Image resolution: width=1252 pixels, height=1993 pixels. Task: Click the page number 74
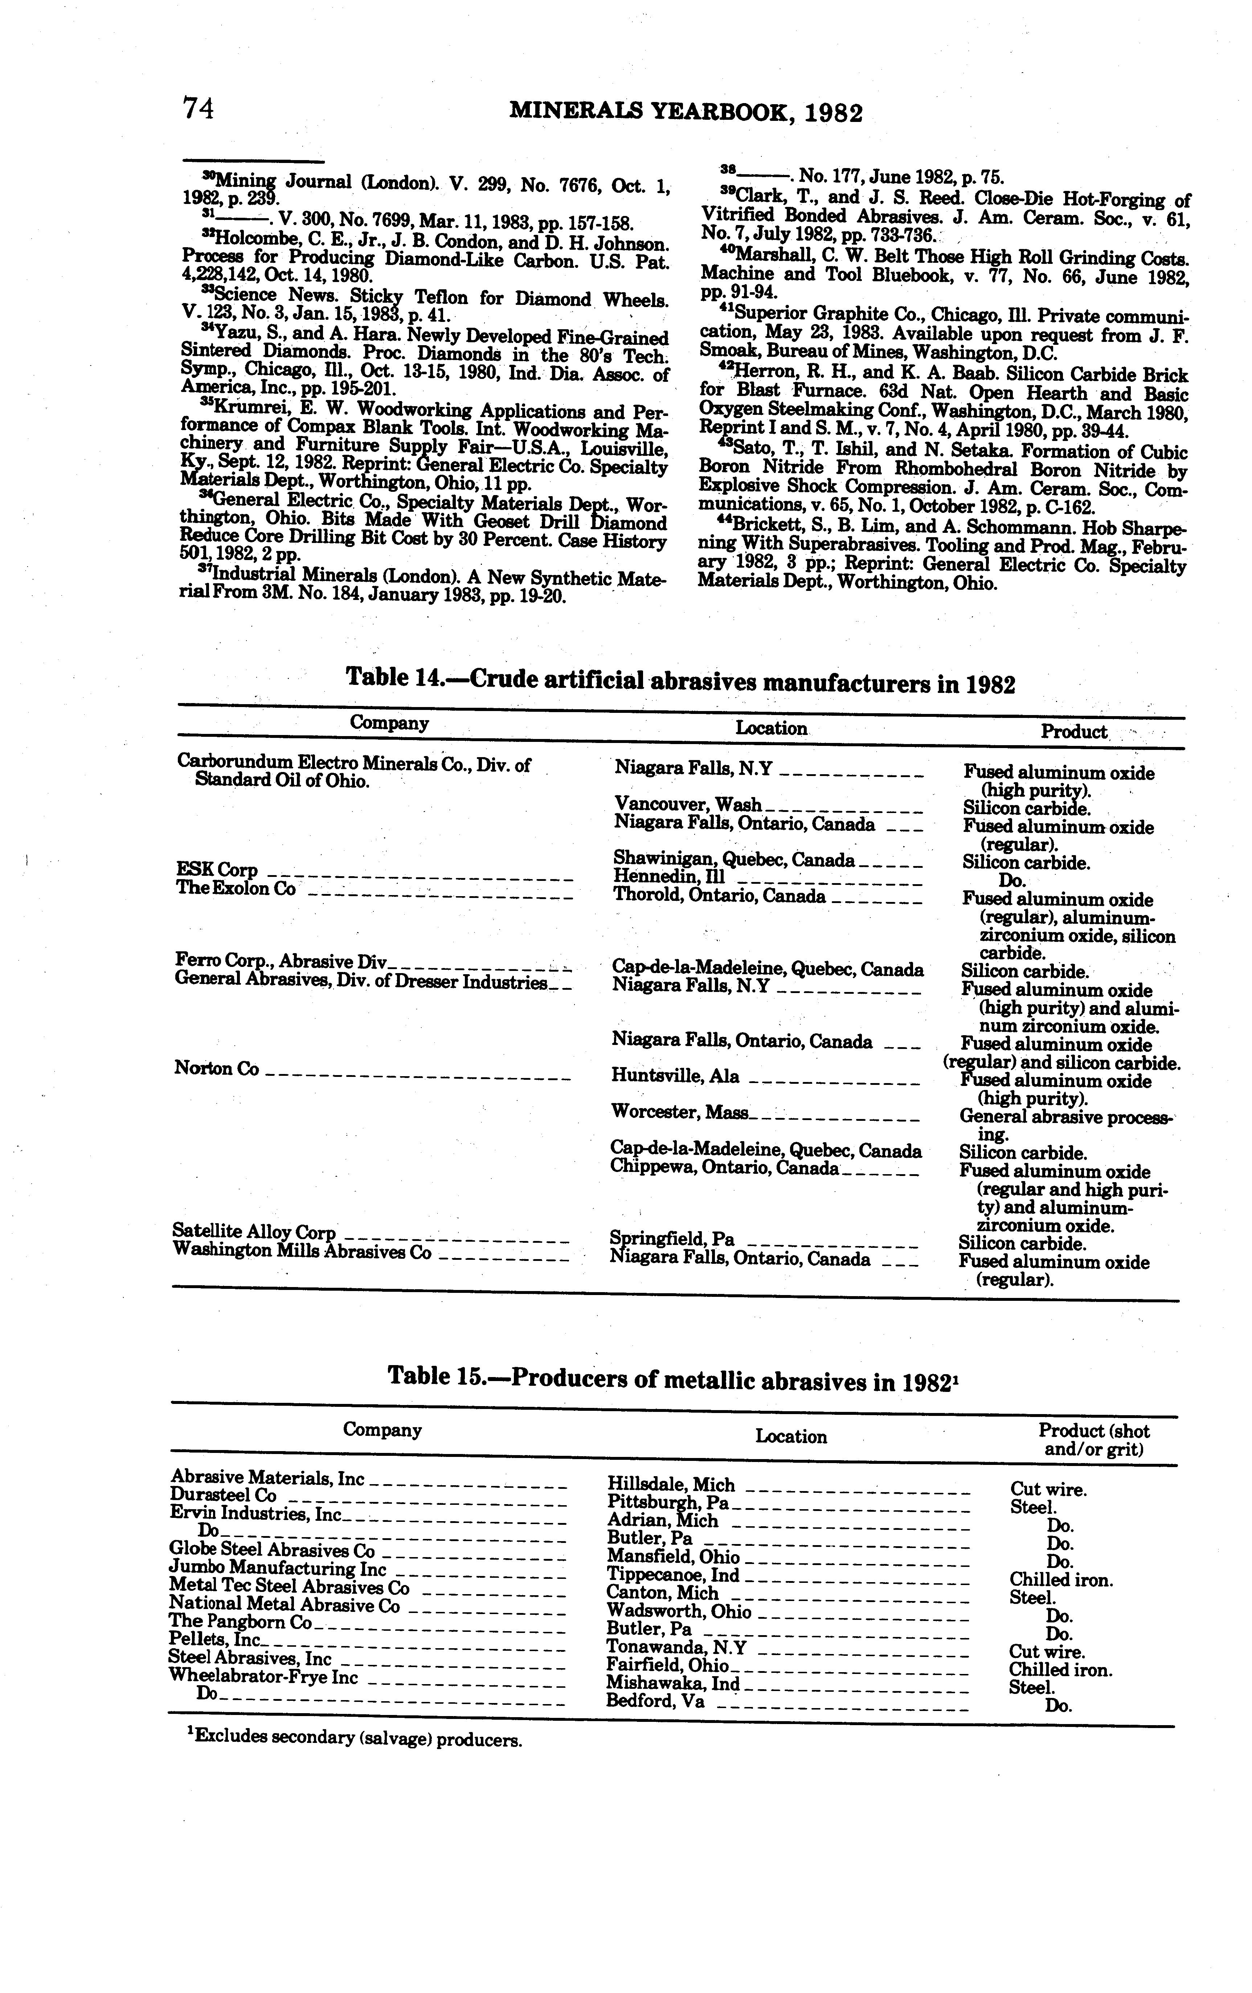[199, 109]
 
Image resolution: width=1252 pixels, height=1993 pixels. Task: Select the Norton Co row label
[217, 1069]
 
